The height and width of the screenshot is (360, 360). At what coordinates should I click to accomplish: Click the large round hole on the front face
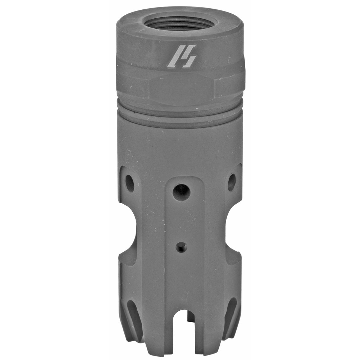pos(181,192)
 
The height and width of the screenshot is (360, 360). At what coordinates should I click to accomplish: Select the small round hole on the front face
pos(181,247)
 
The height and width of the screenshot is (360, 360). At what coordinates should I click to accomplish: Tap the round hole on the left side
pos(129,183)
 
